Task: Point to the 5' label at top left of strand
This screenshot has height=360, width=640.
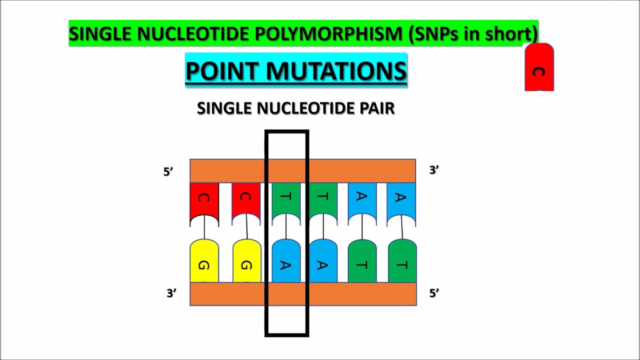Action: click(x=168, y=171)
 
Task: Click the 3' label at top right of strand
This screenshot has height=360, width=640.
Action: click(x=434, y=170)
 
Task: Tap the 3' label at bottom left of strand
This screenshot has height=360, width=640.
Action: click(x=171, y=293)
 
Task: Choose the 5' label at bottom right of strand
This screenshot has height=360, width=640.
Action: click(x=434, y=293)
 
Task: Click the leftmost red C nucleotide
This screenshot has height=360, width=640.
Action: click(x=204, y=200)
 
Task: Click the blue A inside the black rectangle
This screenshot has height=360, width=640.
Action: click(x=285, y=262)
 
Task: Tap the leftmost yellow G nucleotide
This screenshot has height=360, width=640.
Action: click(x=204, y=262)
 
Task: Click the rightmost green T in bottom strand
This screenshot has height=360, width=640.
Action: click(x=402, y=262)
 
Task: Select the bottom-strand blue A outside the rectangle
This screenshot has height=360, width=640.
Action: click(x=323, y=262)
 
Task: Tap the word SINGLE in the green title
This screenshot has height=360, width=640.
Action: click(x=100, y=34)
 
